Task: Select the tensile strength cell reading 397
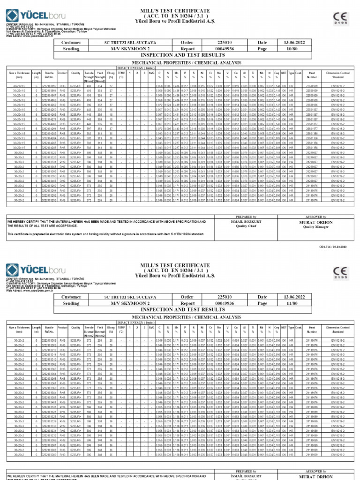pos(89,129)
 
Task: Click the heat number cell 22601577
pos(311,129)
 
